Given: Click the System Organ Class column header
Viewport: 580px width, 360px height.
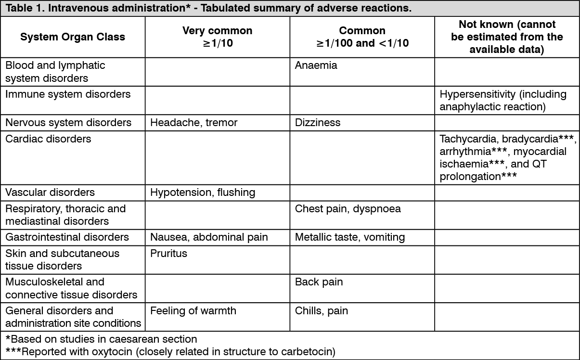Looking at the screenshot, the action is tap(73, 37).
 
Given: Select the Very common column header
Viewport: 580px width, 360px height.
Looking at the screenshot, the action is tap(217, 37).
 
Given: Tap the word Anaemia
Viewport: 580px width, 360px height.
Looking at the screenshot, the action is tap(316, 65).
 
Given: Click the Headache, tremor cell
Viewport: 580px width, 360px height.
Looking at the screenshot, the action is tap(193, 122).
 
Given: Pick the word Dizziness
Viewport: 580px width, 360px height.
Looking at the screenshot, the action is tap(317, 122).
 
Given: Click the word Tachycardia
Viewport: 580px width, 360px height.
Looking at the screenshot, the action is tap(469, 139).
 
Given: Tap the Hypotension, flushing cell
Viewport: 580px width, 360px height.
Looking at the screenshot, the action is tap(202, 193).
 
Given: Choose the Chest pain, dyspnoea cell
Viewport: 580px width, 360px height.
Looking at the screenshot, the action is tap(348, 209).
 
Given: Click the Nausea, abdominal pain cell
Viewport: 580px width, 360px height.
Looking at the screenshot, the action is tap(209, 237).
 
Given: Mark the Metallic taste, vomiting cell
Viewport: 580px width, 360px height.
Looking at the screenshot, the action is tap(349, 237).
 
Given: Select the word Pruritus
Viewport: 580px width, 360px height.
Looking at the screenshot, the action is tap(168, 253).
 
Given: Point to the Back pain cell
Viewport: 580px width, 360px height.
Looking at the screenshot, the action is tap(319, 282).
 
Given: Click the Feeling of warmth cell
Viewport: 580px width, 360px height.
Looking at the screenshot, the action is tap(193, 310).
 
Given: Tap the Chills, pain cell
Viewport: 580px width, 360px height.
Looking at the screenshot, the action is tap(321, 310).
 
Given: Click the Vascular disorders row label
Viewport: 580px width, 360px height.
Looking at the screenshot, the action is tap(50, 193).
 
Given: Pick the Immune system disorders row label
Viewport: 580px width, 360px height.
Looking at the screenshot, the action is tap(68, 94).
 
